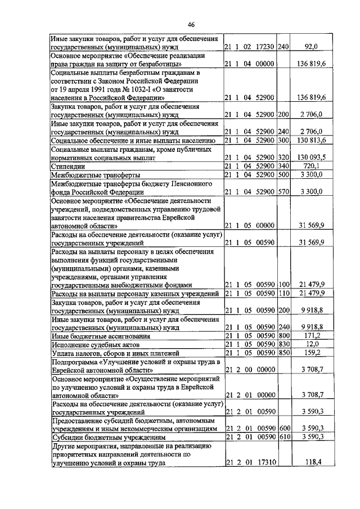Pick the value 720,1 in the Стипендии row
[x=311, y=167]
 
